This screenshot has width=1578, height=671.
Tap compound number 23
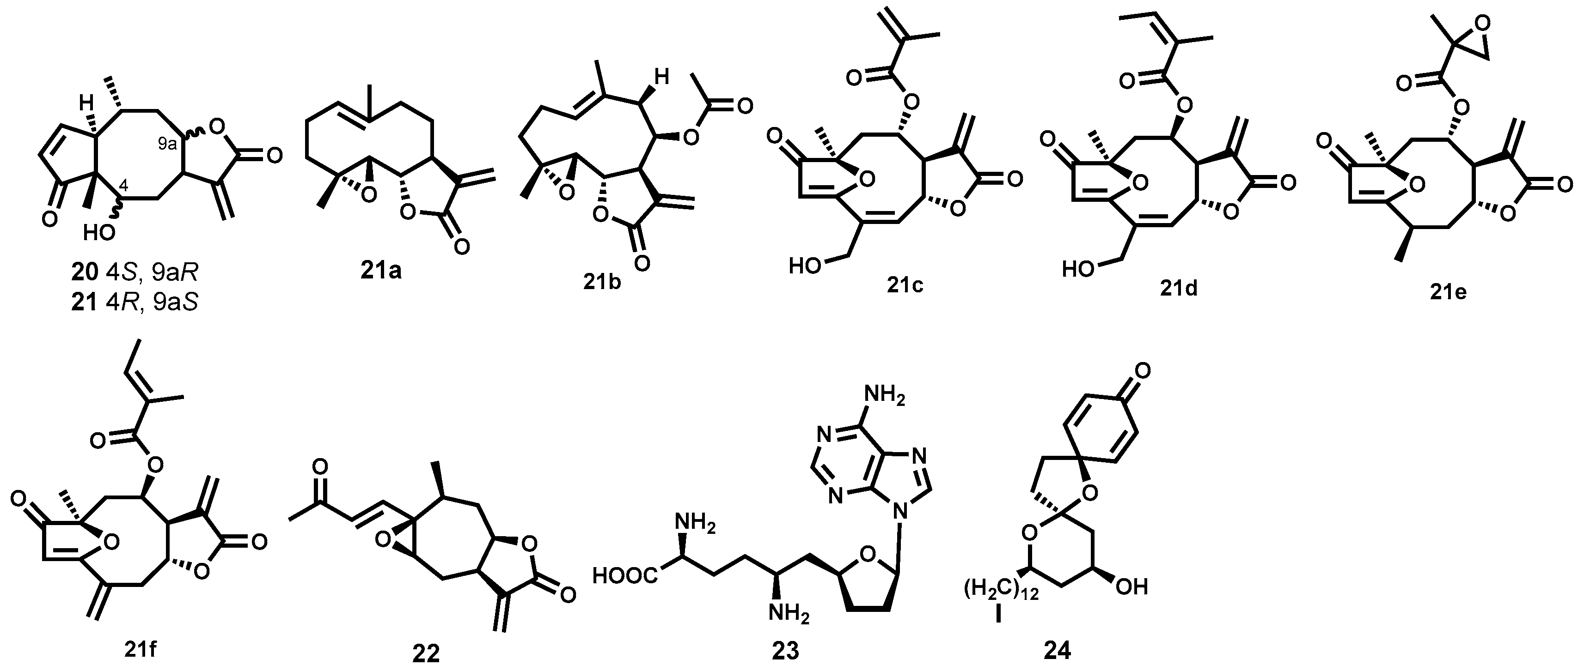click(x=785, y=651)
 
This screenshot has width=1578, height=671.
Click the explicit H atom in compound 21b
click(x=661, y=78)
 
